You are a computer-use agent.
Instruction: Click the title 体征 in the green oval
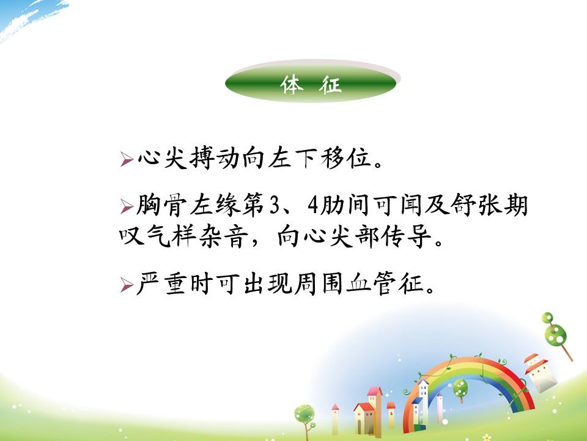pos(311,85)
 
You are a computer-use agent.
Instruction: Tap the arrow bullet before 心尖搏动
pos(127,159)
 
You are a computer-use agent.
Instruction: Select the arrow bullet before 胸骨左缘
pos(127,206)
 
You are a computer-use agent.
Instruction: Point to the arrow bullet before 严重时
pos(127,285)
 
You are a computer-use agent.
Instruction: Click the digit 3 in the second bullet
pos(275,206)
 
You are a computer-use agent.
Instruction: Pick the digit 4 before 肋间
pos(313,206)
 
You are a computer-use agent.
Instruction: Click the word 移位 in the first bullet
pos(346,157)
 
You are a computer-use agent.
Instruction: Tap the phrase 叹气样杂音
pos(184,236)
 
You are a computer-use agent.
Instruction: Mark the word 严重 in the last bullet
pos(161,284)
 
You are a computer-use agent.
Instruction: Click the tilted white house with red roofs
pos(540,372)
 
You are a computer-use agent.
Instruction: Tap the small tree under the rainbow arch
pos(460,390)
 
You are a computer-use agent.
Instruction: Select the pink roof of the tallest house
pos(375,392)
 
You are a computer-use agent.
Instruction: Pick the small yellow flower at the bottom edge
pos(487,437)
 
